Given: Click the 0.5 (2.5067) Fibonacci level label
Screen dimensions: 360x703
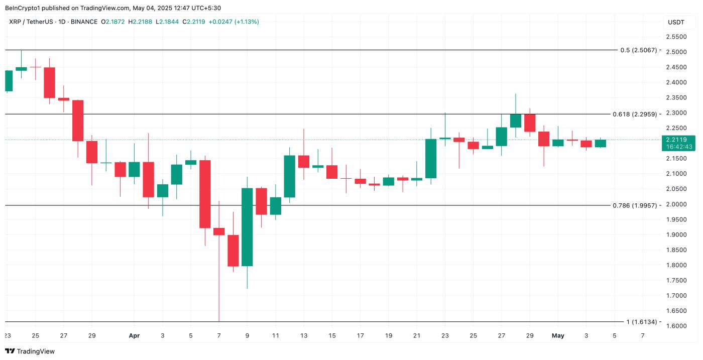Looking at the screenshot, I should [638, 50].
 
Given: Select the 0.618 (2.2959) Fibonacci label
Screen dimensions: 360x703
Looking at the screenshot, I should [635, 114].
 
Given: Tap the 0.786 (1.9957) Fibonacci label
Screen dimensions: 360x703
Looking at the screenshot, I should [635, 205].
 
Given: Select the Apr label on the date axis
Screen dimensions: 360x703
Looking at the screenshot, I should [134, 335].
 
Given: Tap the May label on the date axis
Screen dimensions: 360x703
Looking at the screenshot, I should [558, 335].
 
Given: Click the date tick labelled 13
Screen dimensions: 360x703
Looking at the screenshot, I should [303, 335].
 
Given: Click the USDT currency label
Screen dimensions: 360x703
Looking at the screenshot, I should [675, 22].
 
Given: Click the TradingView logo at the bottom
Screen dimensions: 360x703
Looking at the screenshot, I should [30, 351].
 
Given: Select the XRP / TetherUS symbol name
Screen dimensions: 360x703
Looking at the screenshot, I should [36, 22].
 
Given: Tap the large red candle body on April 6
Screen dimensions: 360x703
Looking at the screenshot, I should [205, 194].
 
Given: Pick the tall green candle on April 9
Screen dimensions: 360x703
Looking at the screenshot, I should [247, 227].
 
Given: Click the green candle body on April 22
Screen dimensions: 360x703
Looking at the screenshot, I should [431, 158].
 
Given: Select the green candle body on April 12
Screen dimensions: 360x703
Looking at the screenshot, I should [289, 176].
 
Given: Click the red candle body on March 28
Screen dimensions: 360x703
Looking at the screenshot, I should [77, 121].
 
